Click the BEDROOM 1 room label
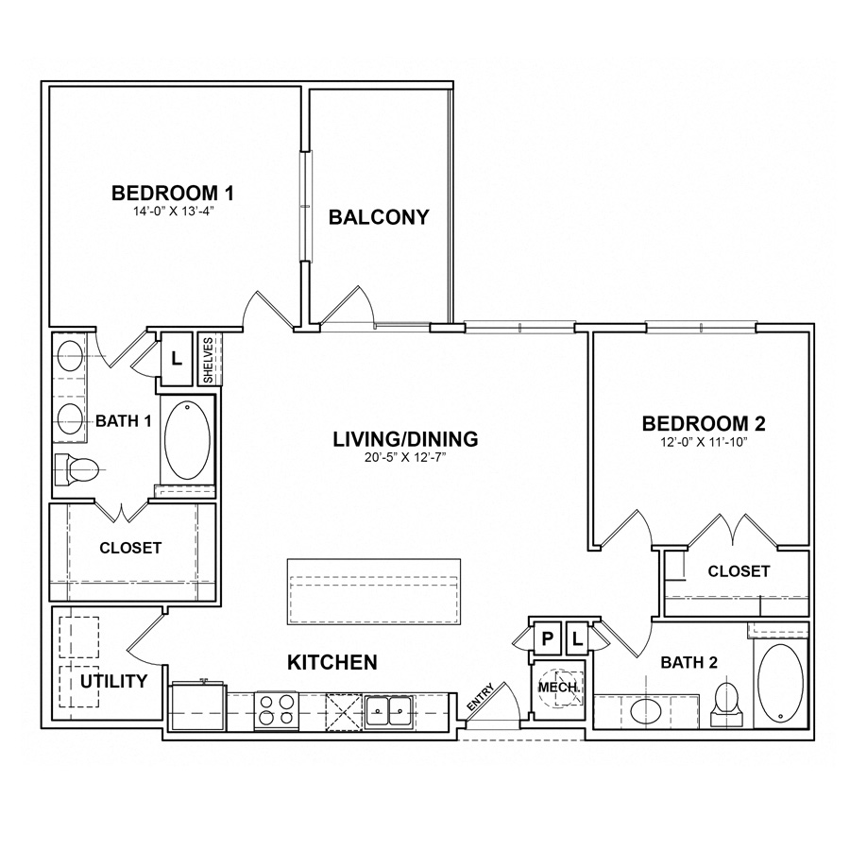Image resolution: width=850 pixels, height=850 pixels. (x=172, y=193)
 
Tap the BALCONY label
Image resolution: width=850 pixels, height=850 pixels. (x=378, y=217)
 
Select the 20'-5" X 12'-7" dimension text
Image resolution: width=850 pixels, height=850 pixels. (x=405, y=459)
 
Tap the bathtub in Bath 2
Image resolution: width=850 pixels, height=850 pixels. (x=780, y=682)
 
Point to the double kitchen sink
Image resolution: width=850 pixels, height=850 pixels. (x=388, y=709)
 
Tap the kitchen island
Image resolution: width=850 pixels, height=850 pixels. (x=374, y=591)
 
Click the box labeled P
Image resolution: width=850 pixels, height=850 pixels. (x=547, y=639)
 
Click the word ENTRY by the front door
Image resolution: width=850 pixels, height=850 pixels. (x=479, y=700)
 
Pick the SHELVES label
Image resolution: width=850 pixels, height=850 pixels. (x=209, y=359)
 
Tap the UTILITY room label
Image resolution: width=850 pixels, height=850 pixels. (x=113, y=681)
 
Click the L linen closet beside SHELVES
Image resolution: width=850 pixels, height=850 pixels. (x=176, y=358)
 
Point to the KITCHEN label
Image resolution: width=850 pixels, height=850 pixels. (x=331, y=662)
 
